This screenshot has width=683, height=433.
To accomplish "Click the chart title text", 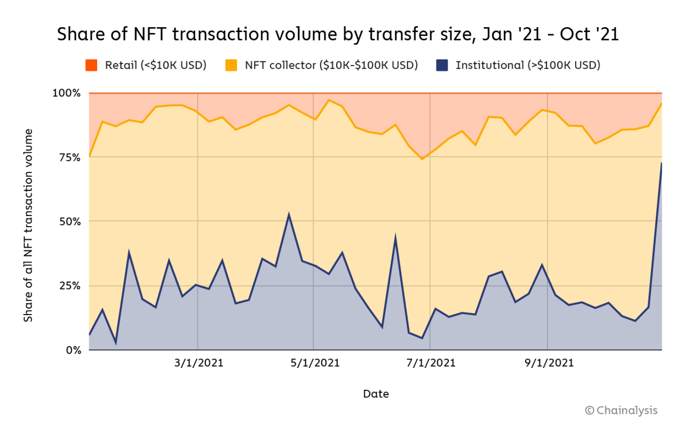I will tap(338, 34).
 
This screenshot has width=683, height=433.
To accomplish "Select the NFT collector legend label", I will tap(331, 65).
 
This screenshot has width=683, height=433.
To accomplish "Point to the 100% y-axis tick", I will tap(67, 93).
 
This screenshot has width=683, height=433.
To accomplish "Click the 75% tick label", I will tap(69, 157).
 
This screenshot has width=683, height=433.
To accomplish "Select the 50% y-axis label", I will tap(69, 221).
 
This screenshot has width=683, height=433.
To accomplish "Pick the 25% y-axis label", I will tap(69, 286).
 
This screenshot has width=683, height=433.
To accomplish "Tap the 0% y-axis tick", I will tap(73, 350).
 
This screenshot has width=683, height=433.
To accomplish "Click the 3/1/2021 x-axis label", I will tap(198, 364).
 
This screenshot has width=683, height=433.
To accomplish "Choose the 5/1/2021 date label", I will tap(314, 364).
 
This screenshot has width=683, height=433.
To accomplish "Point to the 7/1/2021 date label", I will tap(431, 364).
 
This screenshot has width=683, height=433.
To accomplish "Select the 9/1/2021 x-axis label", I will tap(549, 364).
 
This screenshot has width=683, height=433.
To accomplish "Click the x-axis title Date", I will tap(376, 394).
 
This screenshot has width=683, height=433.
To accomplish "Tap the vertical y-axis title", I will tap(28, 225).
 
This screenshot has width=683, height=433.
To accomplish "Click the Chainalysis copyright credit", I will tap(621, 410).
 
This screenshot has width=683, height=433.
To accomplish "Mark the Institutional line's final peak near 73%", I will tap(662, 163).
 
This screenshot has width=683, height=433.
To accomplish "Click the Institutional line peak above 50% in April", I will tap(289, 215).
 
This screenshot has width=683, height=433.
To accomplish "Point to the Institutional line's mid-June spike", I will tap(395, 237).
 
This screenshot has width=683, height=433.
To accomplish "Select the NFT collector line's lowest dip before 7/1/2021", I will tap(422, 159).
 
